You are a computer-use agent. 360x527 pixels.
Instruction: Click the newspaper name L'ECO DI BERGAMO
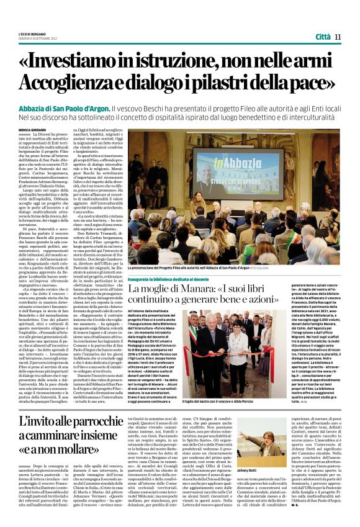[31, 34]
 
